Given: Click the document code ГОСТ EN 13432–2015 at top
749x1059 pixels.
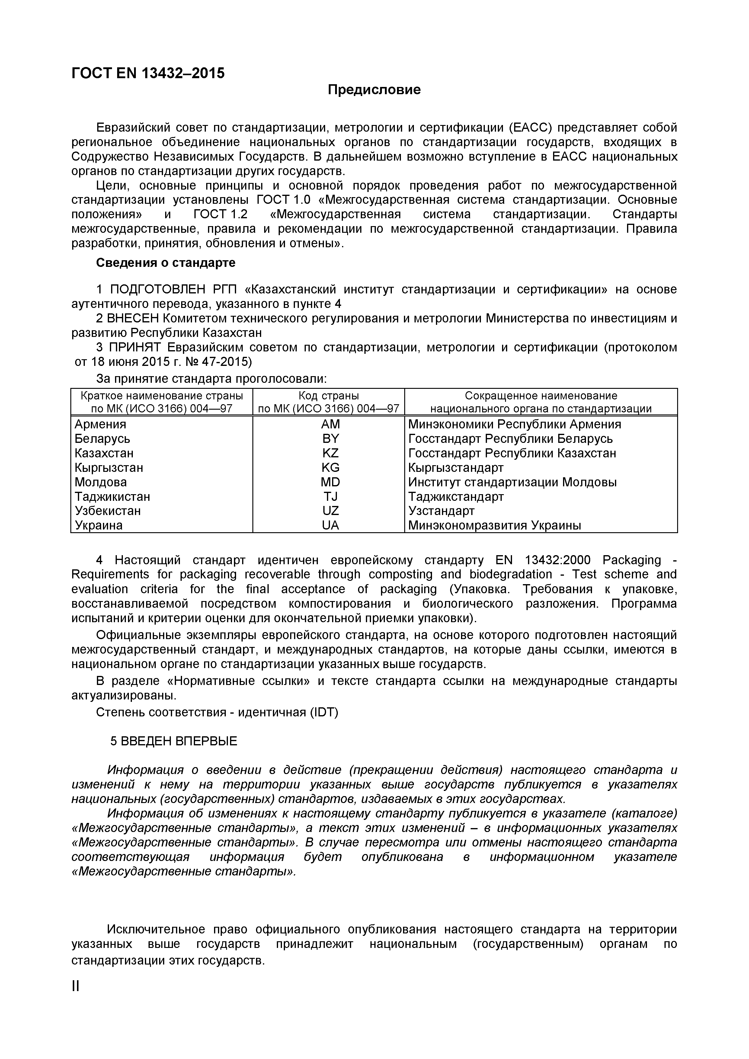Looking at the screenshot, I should coord(148,73).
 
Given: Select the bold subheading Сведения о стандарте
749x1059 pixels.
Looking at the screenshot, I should coord(165,262).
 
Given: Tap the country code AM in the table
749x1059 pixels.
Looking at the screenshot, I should coord(330,424).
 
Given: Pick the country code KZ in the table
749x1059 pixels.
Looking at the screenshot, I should coord(330,453).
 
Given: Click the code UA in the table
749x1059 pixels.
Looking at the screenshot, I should coord(330,525).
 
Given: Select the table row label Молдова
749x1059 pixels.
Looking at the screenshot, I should coord(101,482).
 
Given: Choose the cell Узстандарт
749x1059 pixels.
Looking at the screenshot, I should coord(441,510).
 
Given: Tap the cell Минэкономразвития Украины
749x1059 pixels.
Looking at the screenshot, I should coord(495,525).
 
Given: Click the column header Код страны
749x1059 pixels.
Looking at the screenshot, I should coord(328,395).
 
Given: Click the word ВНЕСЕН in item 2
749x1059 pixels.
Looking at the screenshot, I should coord(133,318).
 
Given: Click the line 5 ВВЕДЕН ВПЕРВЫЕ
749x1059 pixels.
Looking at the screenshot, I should coord(173,741).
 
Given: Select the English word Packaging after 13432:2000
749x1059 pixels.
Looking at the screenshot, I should coord(631,560).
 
